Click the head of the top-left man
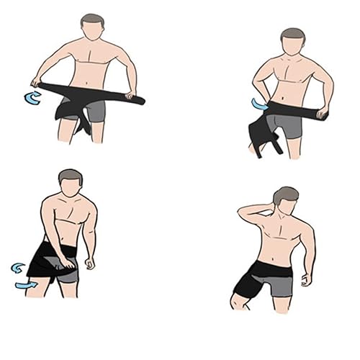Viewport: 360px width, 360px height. click(x=91, y=29)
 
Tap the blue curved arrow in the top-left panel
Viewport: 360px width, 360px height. click(x=32, y=98)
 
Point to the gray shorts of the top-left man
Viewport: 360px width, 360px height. click(x=95, y=110)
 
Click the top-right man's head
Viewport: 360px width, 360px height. click(x=292, y=43)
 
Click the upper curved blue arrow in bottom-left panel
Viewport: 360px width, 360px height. click(x=17, y=268)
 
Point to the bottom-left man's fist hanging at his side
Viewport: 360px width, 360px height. click(x=89, y=264)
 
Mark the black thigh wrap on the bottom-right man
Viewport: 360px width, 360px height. click(x=248, y=284)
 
